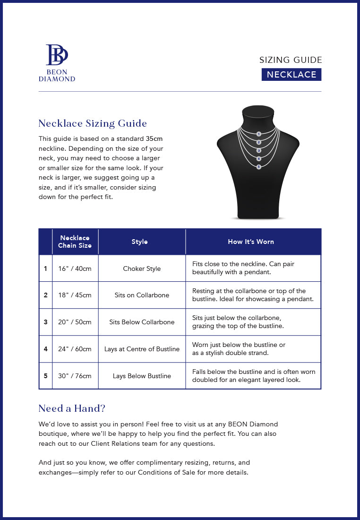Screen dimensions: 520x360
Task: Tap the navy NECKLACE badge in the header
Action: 291,75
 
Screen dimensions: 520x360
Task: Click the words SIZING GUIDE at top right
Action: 291,60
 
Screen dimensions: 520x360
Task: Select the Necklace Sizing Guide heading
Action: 93,123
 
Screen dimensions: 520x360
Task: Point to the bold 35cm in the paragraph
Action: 154,139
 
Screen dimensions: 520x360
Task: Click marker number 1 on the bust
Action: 258,134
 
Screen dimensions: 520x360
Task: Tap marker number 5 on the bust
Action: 258,166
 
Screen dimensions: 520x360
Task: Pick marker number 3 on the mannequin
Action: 258,150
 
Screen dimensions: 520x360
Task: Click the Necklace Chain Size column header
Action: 75,242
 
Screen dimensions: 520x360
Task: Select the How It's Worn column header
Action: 251,242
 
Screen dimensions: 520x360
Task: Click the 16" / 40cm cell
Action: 75,269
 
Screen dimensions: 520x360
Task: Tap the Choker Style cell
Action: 142,269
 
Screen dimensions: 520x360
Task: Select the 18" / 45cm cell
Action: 75,295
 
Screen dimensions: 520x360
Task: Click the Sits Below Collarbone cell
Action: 142,322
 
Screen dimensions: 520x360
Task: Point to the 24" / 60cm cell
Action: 75,349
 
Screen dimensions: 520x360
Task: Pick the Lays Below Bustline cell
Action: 142,376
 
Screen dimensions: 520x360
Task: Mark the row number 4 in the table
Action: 45,349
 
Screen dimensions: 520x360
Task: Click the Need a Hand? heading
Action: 72,408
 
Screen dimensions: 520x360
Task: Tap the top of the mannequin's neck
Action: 258,112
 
